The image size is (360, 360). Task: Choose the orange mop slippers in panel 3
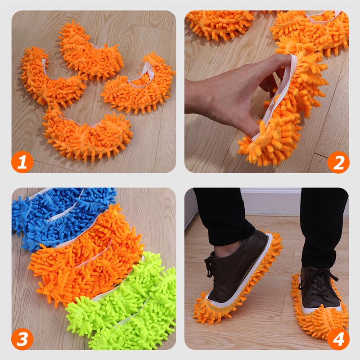click(85, 261)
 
